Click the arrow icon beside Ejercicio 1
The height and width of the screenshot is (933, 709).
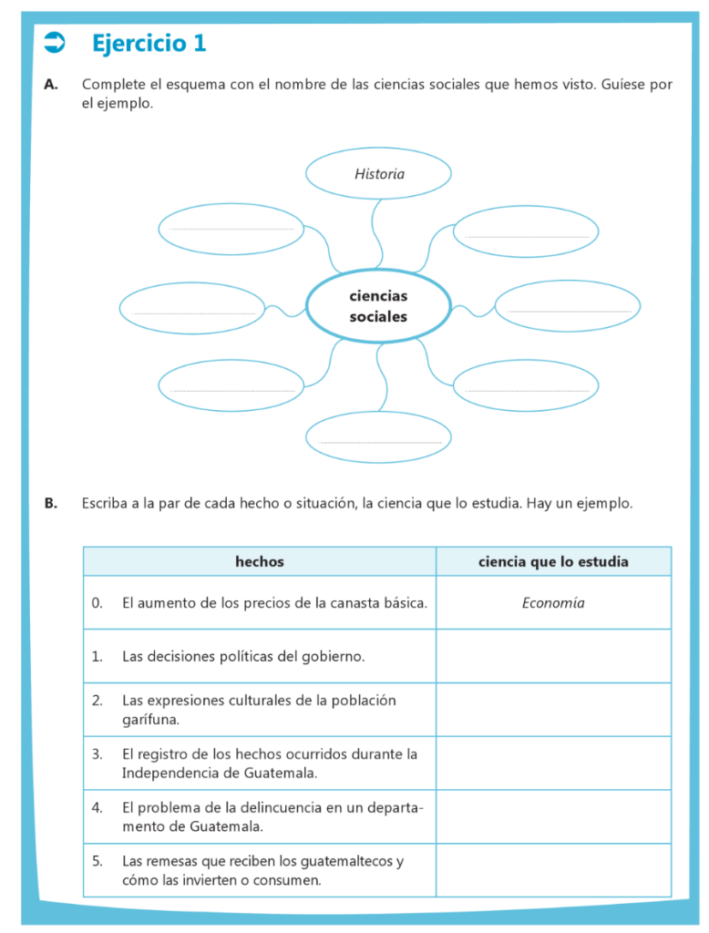55,42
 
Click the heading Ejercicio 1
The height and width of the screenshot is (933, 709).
149,43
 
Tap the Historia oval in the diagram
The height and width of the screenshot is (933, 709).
378,173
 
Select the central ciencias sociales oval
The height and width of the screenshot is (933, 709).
378,306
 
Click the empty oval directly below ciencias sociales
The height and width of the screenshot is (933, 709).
378,436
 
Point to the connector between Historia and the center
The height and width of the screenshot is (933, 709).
375,233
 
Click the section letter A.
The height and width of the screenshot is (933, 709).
51,84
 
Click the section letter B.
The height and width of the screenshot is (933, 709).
51,502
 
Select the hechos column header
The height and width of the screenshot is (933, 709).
259,562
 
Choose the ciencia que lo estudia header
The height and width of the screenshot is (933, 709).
553,562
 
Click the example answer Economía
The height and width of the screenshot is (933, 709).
553,603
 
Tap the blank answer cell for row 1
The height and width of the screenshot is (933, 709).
553,656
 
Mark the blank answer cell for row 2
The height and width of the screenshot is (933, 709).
553,710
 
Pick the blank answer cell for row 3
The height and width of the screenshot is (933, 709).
553,764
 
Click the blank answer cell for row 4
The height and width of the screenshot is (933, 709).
553,817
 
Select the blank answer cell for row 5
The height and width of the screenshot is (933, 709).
553,871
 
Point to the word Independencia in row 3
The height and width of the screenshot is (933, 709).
164,774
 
